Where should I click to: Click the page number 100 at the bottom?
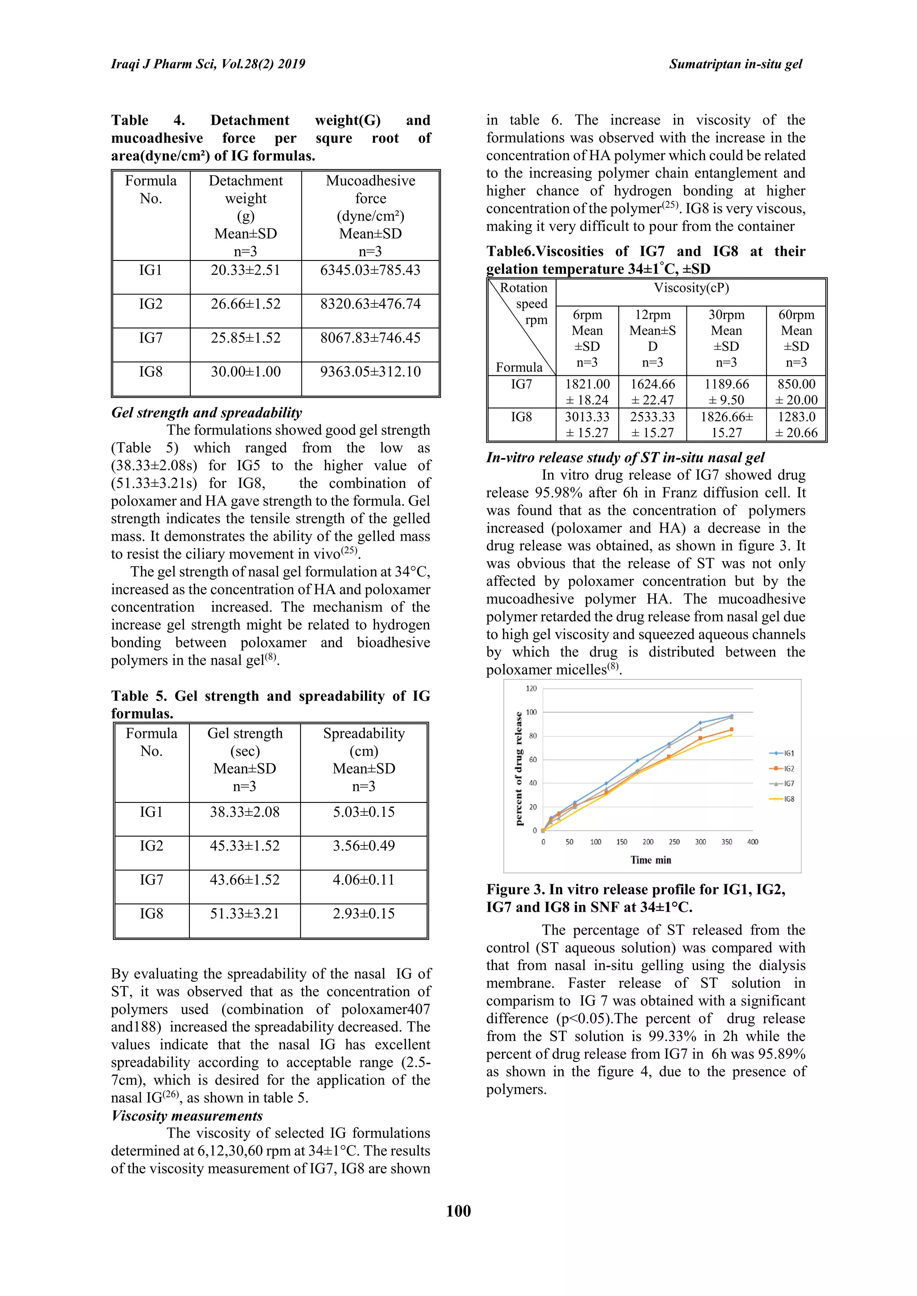pyautogui.click(x=458, y=1211)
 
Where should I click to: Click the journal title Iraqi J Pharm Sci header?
pyautogui.click(x=208, y=64)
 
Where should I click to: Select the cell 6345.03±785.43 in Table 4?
pyautogui.click(x=370, y=270)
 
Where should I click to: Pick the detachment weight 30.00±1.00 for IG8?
pyautogui.click(x=246, y=372)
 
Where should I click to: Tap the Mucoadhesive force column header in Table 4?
pyautogui.click(x=370, y=215)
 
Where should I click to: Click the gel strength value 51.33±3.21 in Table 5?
pyautogui.click(x=244, y=913)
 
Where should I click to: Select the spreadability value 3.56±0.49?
pyautogui.click(x=364, y=845)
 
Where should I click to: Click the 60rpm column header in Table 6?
pyautogui.click(x=796, y=338)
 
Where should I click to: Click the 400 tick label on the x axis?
pyautogui.click(x=753, y=842)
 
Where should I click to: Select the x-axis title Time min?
pyautogui.click(x=651, y=860)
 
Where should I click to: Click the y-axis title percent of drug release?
pyautogui.click(x=518, y=768)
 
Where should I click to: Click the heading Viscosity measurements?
pyautogui.click(x=187, y=1116)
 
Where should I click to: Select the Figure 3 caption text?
pyautogui.click(x=636, y=898)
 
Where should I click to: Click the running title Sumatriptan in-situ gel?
pyautogui.click(x=735, y=64)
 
